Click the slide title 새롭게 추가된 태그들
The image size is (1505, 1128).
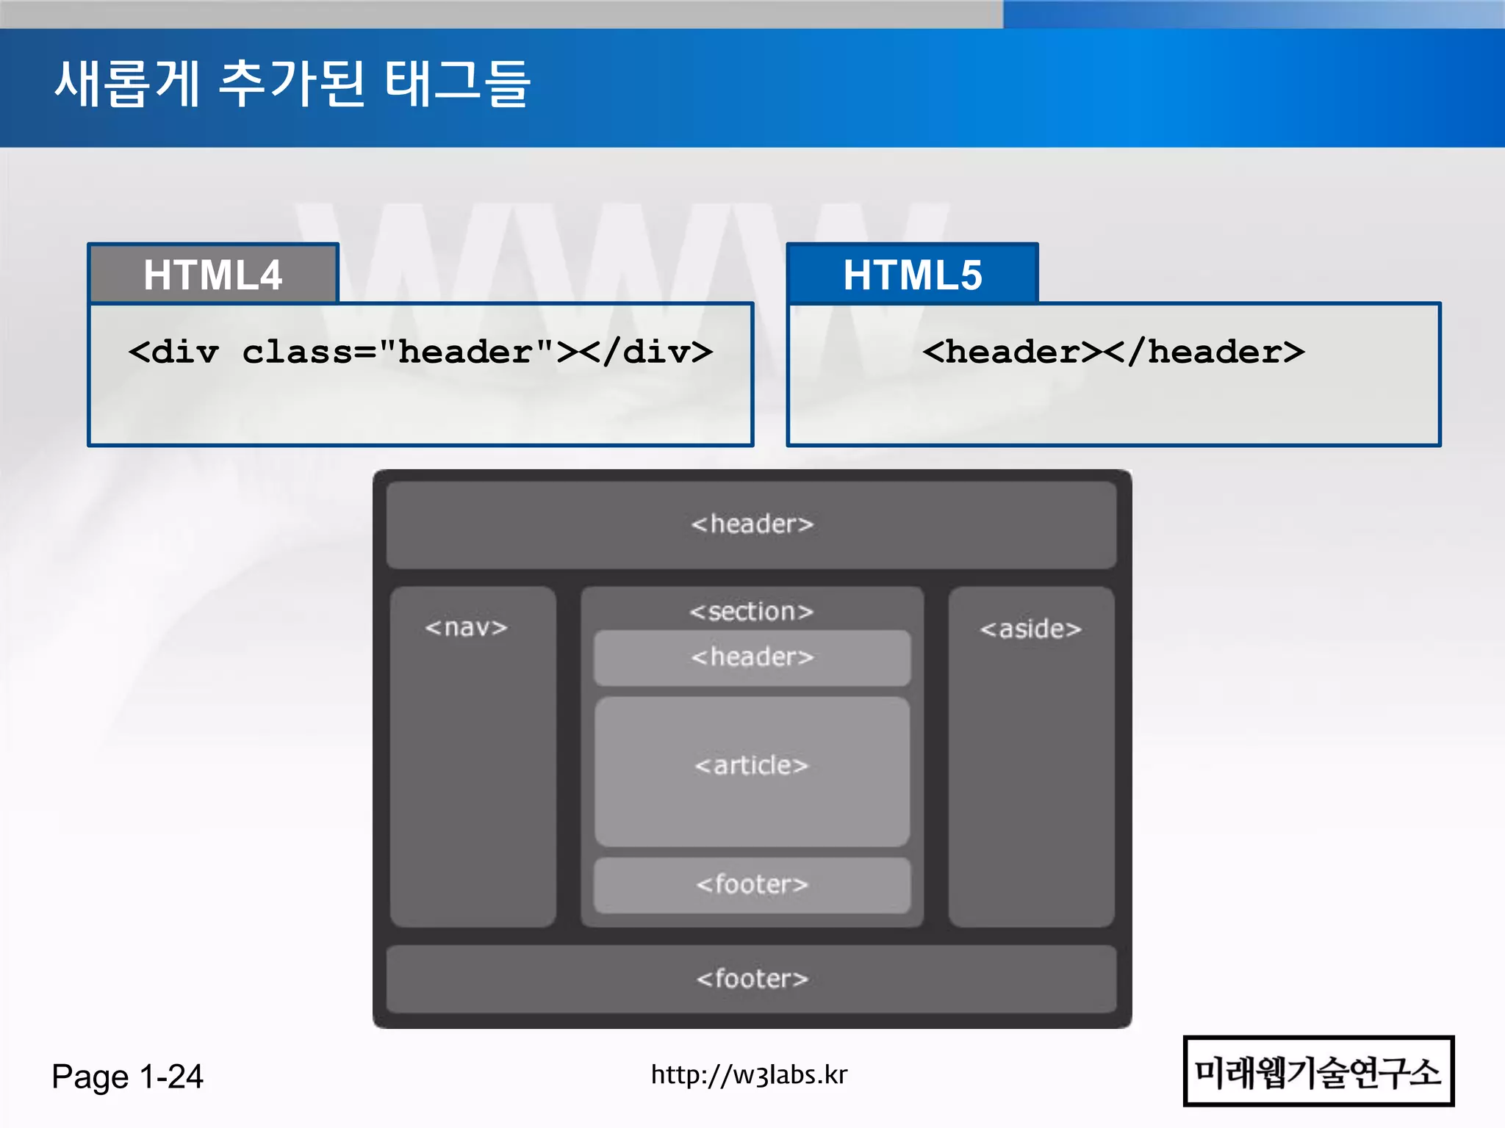[292, 83]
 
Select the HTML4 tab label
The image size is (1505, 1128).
[212, 275]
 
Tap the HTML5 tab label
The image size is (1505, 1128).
[912, 275]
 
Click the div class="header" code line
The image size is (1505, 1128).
[420, 352]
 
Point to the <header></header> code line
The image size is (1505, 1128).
[1113, 352]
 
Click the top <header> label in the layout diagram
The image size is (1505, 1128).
[752, 524]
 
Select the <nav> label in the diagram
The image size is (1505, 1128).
[466, 628]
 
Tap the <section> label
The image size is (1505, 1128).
[752, 612]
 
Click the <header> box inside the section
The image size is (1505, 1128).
[752, 657]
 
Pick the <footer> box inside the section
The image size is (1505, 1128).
[752, 885]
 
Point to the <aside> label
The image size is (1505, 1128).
[1030, 629]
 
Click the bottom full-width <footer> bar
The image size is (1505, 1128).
[752, 979]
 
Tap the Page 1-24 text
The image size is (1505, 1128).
[127, 1077]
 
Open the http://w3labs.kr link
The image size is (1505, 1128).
[749, 1075]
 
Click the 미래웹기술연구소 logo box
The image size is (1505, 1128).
[1318, 1071]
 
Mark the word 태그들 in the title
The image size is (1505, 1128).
[457, 83]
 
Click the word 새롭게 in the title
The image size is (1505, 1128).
[127, 83]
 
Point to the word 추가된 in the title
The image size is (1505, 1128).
[292, 83]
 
